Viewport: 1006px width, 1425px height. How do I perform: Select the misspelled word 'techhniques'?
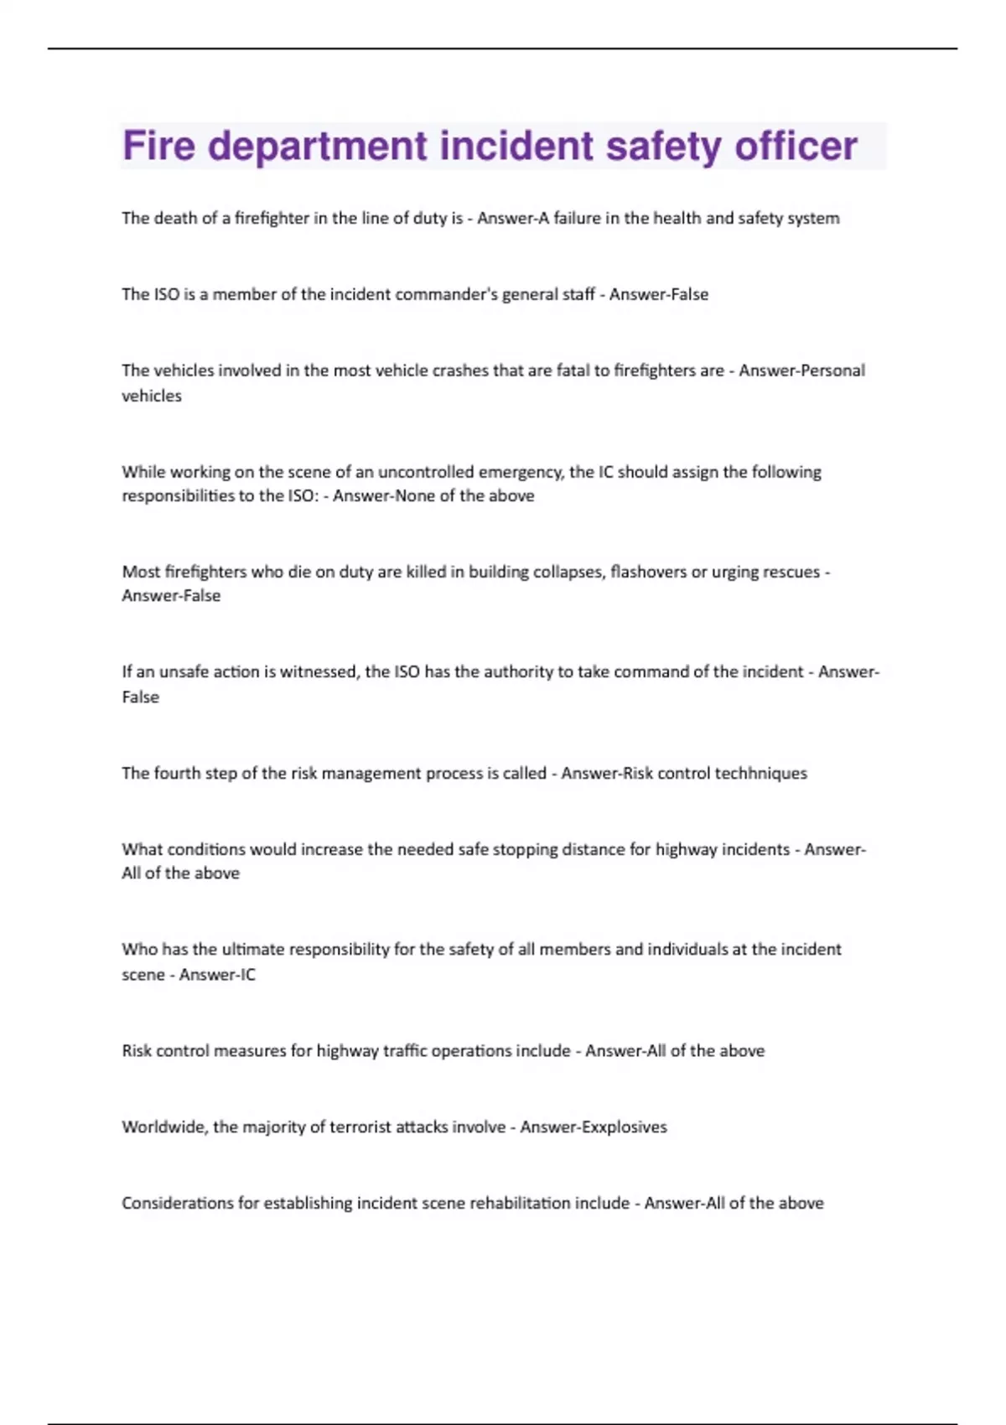pyautogui.click(x=760, y=773)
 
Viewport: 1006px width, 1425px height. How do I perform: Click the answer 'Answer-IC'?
pyautogui.click(x=217, y=974)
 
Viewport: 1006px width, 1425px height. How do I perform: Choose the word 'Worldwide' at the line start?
pyautogui.click(x=163, y=1127)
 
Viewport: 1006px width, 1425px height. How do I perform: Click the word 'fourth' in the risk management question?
pyautogui.click(x=178, y=773)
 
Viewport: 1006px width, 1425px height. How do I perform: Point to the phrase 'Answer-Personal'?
pyautogui.click(x=801, y=370)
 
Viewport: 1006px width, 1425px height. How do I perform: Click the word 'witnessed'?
pyautogui.click(x=319, y=671)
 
